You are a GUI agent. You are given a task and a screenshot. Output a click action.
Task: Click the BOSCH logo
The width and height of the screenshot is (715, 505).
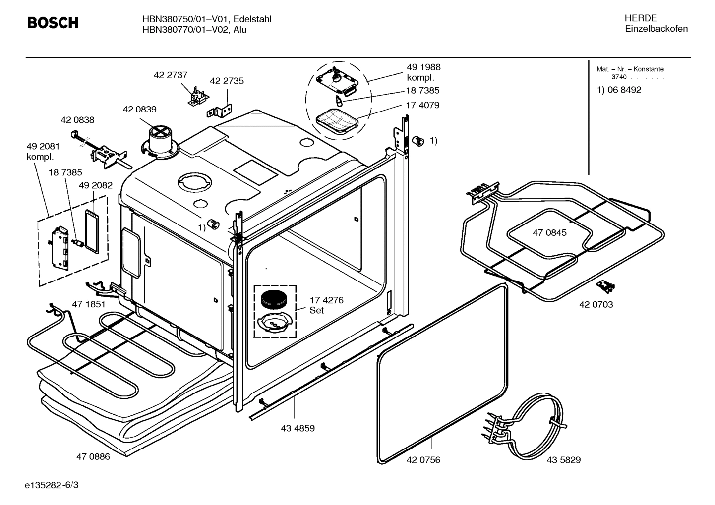(x=53, y=23)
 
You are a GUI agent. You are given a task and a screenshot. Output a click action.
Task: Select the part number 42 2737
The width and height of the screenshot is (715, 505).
(x=170, y=75)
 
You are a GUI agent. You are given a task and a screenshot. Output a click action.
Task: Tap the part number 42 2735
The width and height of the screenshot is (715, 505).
(x=227, y=81)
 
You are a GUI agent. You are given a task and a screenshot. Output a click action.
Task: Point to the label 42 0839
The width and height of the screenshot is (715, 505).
(x=139, y=110)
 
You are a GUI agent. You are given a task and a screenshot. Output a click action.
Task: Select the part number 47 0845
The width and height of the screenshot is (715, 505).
(x=549, y=232)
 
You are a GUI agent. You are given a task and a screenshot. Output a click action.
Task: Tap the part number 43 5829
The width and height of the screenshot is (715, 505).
(x=563, y=460)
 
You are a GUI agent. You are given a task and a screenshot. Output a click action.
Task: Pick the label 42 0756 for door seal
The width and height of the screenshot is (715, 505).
(x=423, y=460)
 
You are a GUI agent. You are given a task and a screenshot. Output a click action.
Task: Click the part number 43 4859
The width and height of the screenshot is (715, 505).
(x=298, y=428)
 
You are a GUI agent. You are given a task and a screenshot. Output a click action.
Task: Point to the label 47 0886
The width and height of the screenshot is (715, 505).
(x=93, y=456)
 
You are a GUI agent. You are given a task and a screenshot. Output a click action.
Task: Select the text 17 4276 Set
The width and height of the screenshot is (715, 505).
(x=326, y=305)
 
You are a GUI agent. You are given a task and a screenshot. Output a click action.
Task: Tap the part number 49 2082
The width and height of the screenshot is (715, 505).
(x=96, y=185)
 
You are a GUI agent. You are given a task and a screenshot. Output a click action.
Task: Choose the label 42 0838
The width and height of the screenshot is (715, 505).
(x=77, y=120)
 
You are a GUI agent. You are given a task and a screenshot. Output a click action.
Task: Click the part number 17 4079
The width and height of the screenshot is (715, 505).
(x=422, y=105)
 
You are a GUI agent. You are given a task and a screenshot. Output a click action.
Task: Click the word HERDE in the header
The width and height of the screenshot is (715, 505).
(x=640, y=18)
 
